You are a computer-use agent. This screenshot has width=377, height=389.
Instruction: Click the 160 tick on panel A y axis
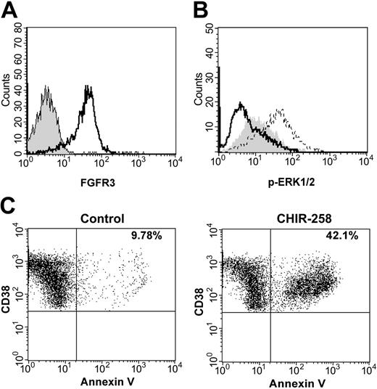(x=19, y=30)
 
